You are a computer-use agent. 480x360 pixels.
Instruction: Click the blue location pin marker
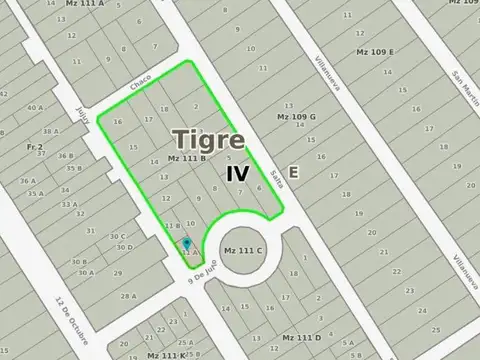pyautogui.click(x=186, y=244)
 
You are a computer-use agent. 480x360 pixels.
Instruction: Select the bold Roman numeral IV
pyautogui.click(x=237, y=172)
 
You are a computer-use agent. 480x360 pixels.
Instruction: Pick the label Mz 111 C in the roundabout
pyautogui.click(x=243, y=250)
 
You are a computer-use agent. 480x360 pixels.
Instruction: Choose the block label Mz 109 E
pyautogui.click(x=375, y=51)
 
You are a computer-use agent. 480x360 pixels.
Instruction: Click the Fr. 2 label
pyautogui.click(x=34, y=146)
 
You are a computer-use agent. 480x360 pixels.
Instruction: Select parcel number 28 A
pyautogui.click(x=128, y=296)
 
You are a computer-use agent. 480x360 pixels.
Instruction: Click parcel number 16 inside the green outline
pyautogui.click(x=117, y=122)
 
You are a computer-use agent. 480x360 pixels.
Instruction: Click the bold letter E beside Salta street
pyautogui.click(x=293, y=172)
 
